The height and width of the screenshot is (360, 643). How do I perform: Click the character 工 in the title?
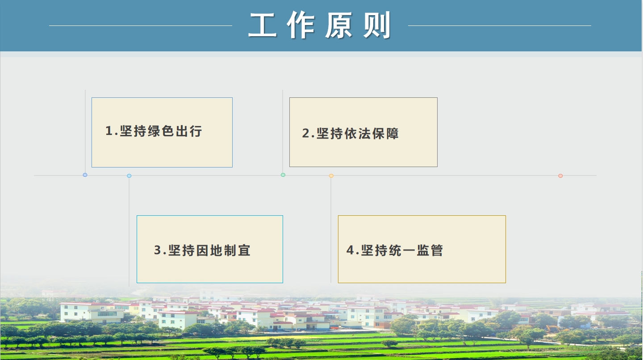point(262,25)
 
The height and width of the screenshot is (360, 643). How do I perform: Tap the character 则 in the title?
point(377,25)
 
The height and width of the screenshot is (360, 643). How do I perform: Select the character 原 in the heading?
point(339,25)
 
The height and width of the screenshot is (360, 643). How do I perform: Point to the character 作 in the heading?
point(301,25)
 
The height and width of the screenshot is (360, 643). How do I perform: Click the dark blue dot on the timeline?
point(85,175)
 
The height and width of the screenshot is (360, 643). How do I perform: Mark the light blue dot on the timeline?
point(129,176)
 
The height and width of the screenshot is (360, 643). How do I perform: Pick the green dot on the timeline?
point(283,175)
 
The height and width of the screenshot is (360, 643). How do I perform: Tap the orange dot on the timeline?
point(331,176)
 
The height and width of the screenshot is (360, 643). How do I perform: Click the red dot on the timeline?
point(560,176)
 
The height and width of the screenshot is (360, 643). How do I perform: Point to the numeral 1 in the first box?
point(109,131)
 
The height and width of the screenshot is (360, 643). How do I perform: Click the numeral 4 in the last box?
point(350,250)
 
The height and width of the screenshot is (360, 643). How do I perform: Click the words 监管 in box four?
point(430,250)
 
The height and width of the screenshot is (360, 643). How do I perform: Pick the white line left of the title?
point(141,25)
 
